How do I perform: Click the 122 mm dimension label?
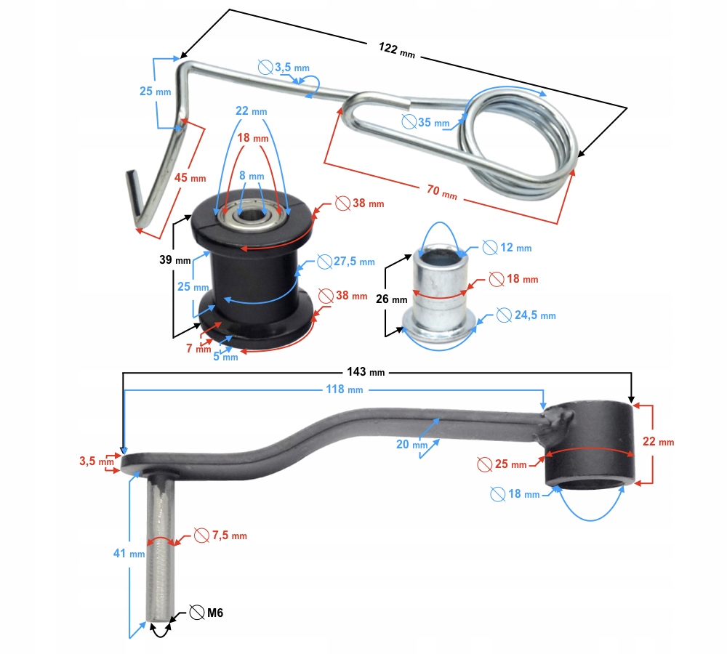(396, 50)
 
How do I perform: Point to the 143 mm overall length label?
(366, 373)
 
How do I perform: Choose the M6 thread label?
(214, 613)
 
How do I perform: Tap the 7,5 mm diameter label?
(228, 536)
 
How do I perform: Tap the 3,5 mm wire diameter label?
(291, 68)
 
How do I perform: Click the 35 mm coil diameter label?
(433, 123)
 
